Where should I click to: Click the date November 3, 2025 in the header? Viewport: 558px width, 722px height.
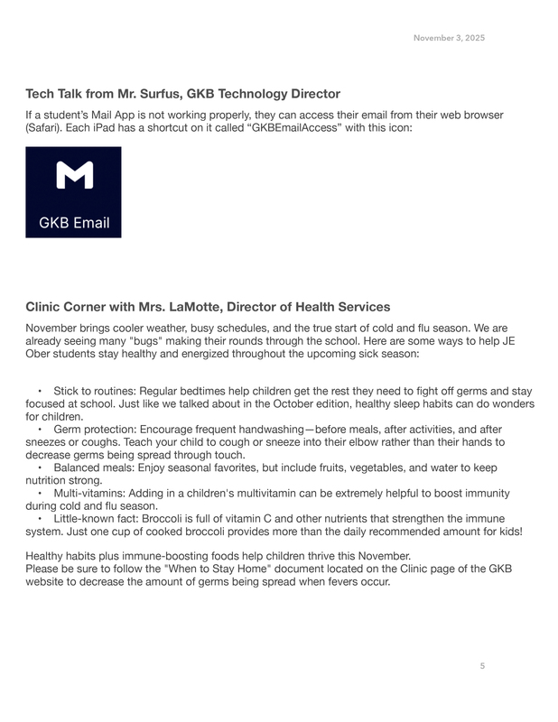click(449, 38)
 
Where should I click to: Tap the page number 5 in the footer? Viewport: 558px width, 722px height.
click(482, 666)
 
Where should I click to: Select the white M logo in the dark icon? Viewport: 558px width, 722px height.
click(74, 176)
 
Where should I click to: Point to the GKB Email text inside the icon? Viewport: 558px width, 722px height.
click(74, 223)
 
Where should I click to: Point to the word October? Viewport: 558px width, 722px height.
click(358, 404)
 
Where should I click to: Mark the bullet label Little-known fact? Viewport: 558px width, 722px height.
click(98, 519)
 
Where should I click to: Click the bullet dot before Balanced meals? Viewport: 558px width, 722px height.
click(41, 468)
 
